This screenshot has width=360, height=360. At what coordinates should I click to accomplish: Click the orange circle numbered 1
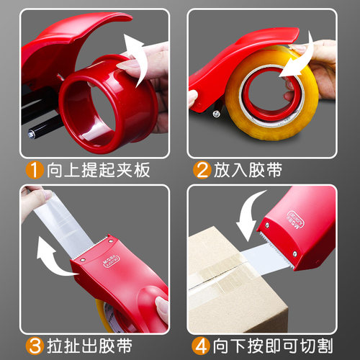[x=35, y=170]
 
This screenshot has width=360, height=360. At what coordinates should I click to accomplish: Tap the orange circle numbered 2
[x=202, y=170]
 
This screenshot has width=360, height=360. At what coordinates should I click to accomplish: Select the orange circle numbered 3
[x=35, y=346]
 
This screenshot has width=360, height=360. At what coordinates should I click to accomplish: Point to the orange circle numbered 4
[x=202, y=346]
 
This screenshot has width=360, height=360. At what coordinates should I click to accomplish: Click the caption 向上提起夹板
[x=99, y=170]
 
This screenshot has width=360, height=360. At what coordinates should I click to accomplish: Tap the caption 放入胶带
[x=248, y=170]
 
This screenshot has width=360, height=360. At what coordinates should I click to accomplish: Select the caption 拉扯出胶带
[x=89, y=346]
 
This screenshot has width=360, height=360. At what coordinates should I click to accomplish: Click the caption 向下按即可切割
[x=273, y=346]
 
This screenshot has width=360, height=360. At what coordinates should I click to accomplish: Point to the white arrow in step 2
[x=301, y=60]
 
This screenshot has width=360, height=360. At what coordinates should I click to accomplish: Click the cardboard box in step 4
[x=238, y=281]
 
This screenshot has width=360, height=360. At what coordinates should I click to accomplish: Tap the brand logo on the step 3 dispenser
[x=111, y=261]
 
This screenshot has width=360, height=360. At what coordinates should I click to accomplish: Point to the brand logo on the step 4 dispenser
[x=296, y=220]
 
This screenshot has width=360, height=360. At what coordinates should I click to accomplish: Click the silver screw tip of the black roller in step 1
[x=32, y=135]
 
